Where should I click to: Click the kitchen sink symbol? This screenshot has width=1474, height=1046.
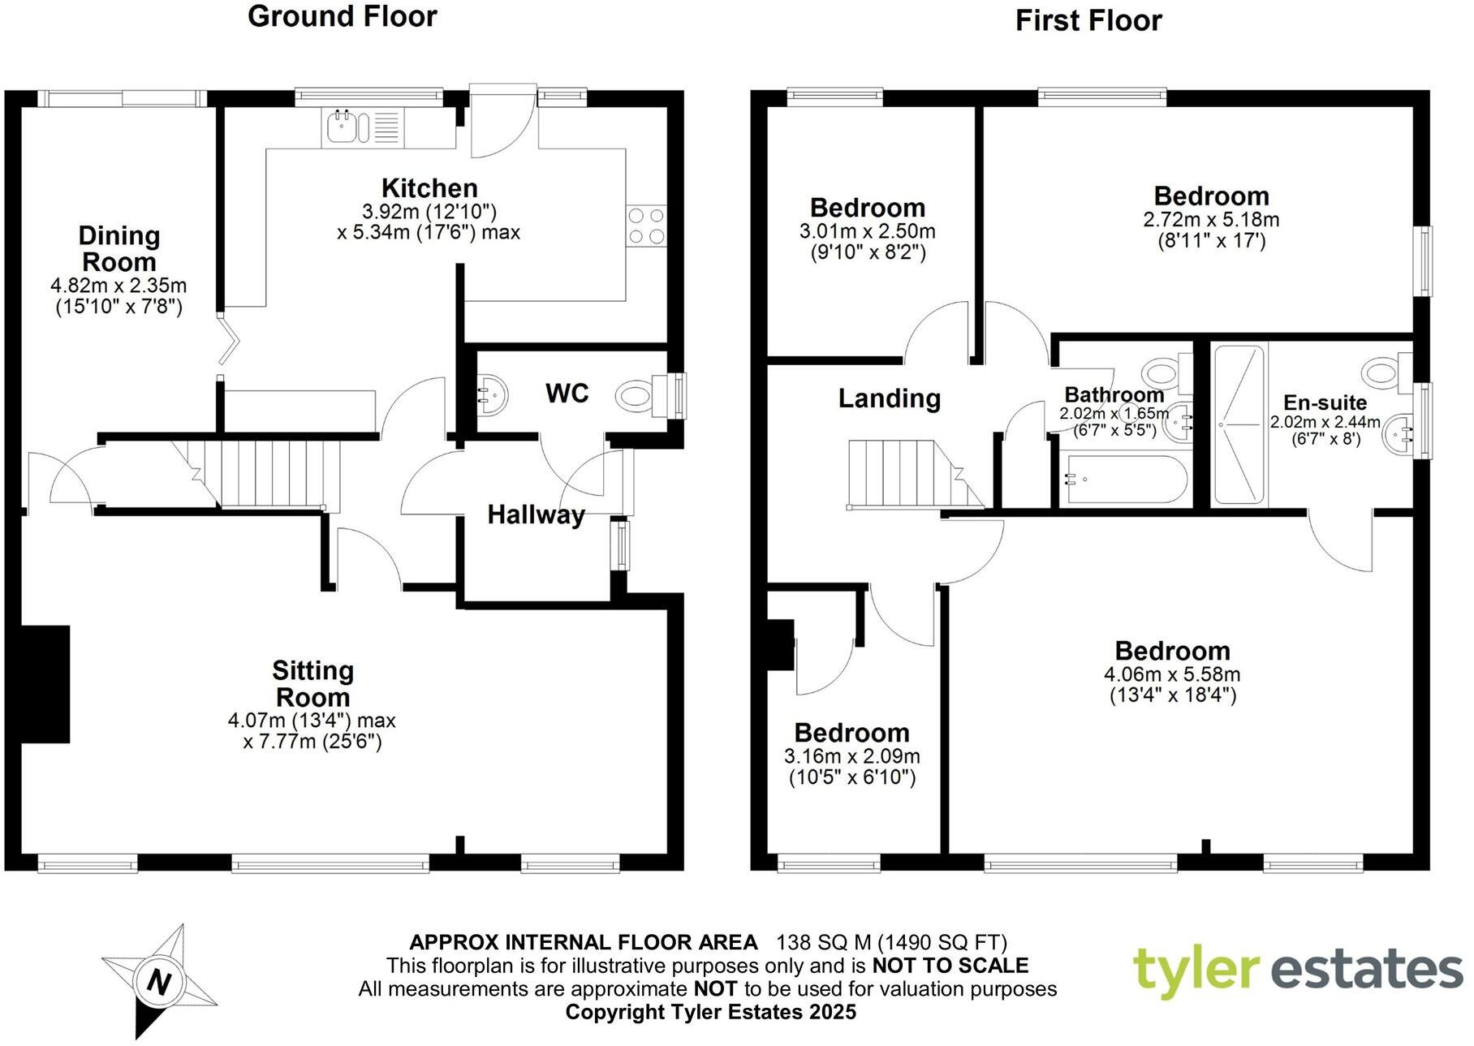pos(348,127)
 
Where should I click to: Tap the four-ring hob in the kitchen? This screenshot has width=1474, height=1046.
pos(646,226)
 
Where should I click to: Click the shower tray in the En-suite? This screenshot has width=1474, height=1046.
pos(1239,424)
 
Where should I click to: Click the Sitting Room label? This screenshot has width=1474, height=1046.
pos(312,683)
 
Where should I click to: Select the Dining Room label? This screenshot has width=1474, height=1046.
pos(119,248)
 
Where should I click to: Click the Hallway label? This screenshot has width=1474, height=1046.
pos(536,514)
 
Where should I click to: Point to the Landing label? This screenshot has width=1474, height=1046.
pos(889,398)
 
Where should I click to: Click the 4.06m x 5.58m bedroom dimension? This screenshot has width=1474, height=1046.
pos(1171,674)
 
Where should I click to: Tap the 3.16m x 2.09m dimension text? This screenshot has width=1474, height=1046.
pos(851,757)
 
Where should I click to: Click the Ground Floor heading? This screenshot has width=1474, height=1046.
pos(342,16)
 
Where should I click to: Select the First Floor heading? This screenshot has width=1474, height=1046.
pos(1088,20)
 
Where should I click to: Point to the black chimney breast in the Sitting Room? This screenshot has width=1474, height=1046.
pos(45,683)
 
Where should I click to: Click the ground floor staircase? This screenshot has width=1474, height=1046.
pos(268,474)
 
